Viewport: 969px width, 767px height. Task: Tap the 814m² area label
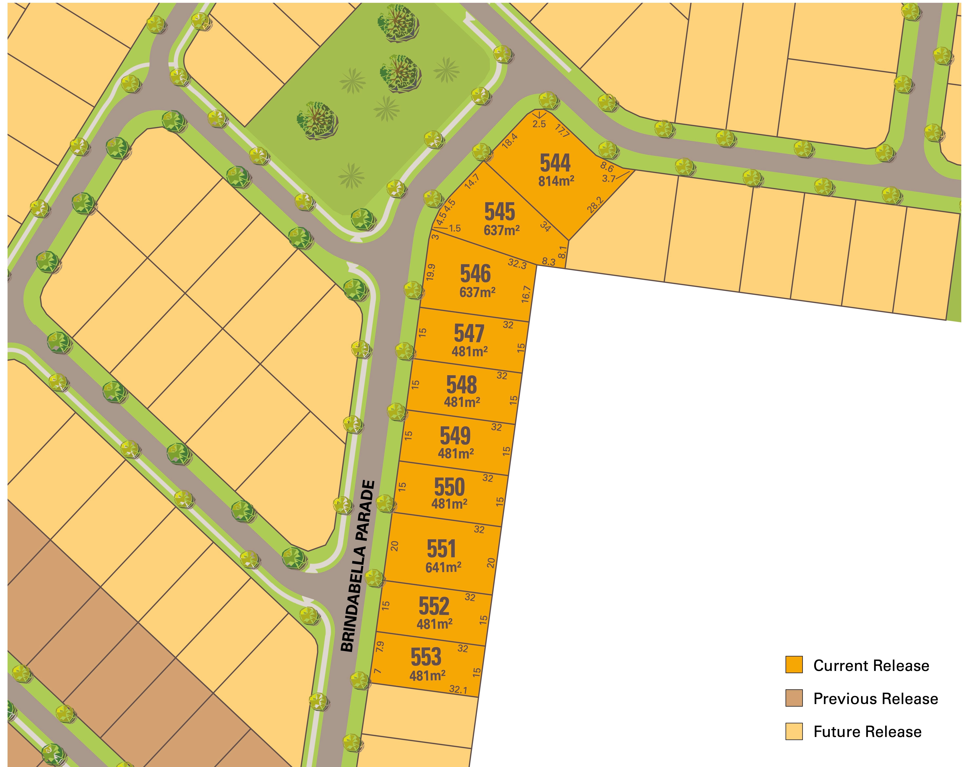pyautogui.click(x=556, y=181)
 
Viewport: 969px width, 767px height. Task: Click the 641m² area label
pyautogui.click(x=443, y=567)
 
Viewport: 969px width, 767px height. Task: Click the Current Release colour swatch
pyautogui.click(x=793, y=665)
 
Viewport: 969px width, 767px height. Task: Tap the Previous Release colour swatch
pyautogui.click(x=793, y=698)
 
